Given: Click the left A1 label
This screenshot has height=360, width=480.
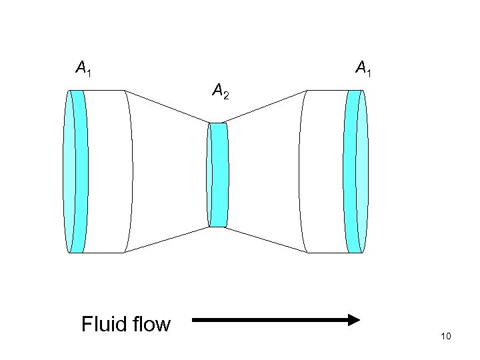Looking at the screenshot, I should pyautogui.click(x=83, y=67).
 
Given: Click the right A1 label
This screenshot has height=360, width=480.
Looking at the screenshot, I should pyautogui.click(x=363, y=67).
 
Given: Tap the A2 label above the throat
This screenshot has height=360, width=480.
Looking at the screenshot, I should pyautogui.click(x=220, y=89).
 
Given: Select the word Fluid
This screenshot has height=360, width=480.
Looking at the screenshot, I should pyautogui.click(x=103, y=325).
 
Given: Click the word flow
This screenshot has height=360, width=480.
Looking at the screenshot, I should pyautogui.click(x=150, y=325).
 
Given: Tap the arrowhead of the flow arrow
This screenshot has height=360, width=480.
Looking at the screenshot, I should pyautogui.click(x=353, y=321).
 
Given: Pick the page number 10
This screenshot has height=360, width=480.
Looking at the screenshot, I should pyautogui.click(x=446, y=336).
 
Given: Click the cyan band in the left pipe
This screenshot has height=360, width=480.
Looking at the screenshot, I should pyautogui.click(x=79, y=171).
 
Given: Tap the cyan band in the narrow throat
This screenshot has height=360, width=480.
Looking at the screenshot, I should pyautogui.click(x=219, y=175).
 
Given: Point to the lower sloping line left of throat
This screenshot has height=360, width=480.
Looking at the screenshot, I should pyautogui.click(x=167, y=239).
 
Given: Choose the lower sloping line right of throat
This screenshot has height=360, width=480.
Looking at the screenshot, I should pyautogui.click(x=267, y=239).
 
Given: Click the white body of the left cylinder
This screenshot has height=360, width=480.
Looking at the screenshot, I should pyautogui.click(x=107, y=171).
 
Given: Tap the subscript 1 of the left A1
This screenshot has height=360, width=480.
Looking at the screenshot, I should pyautogui.click(x=89, y=71).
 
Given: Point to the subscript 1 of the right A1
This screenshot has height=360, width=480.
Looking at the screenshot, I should pyautogui.click(x=369, y=71).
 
